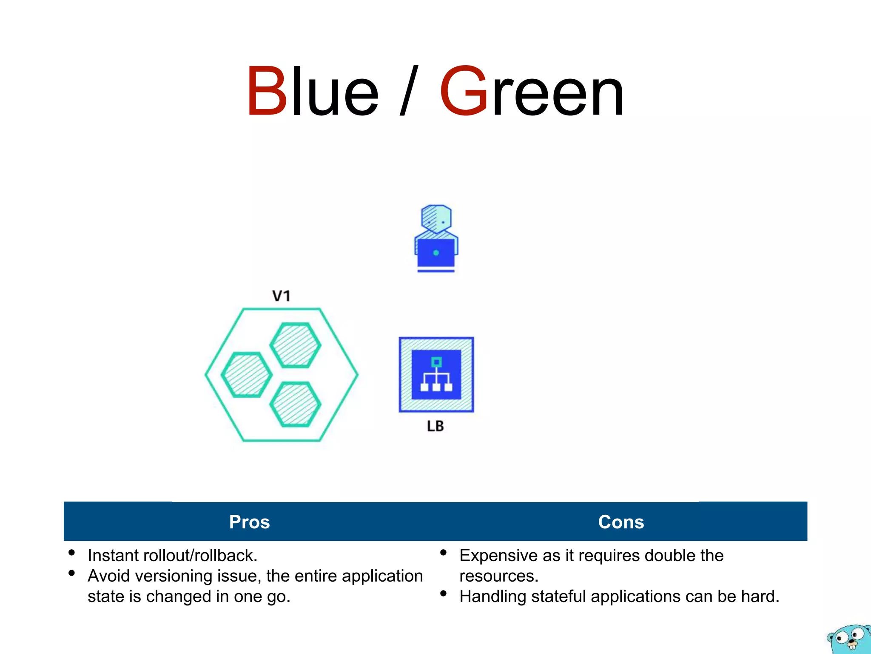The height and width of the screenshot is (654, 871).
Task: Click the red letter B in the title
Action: point(267,91)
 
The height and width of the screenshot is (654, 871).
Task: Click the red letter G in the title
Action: point(464,91)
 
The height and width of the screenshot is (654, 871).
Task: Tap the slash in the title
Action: point(409,91)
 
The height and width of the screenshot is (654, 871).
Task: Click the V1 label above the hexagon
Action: point(282,296)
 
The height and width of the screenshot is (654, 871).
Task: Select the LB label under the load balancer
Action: point(435,426)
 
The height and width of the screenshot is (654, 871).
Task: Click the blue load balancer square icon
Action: point(436,375)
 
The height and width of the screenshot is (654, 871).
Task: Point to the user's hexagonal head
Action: point(436,219)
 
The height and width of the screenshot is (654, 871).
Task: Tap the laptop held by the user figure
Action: point(436,253)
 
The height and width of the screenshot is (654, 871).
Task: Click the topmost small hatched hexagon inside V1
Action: point(295,345)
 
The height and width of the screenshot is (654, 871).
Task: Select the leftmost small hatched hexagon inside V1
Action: point(247,375)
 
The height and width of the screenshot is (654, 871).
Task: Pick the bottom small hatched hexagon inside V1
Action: point(295,404)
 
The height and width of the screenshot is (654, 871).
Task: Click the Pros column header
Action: point(250,522)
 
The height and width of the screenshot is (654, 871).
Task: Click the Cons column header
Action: point(621,522)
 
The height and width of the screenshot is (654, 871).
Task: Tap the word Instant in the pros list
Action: point(113,556)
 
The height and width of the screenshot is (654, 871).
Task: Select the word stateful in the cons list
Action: point(558,597)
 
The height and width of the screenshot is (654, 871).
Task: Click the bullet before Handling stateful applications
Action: point(444,594)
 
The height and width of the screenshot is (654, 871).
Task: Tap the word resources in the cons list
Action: point(498,576)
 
